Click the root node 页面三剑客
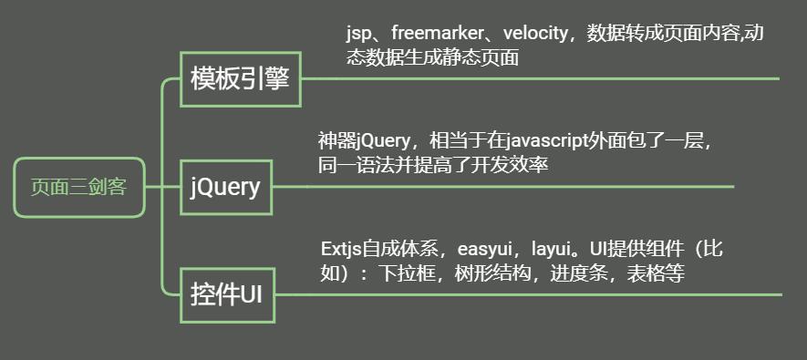[x=79, y=188]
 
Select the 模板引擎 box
[x=240, y=78]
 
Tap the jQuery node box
[x=226, y=188]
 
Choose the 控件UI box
[x=226, y=295]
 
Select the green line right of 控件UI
[x=529, y=294]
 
